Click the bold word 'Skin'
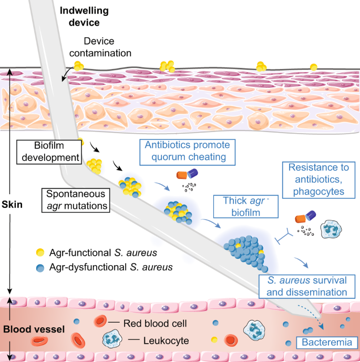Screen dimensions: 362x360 [x=12, y=204]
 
